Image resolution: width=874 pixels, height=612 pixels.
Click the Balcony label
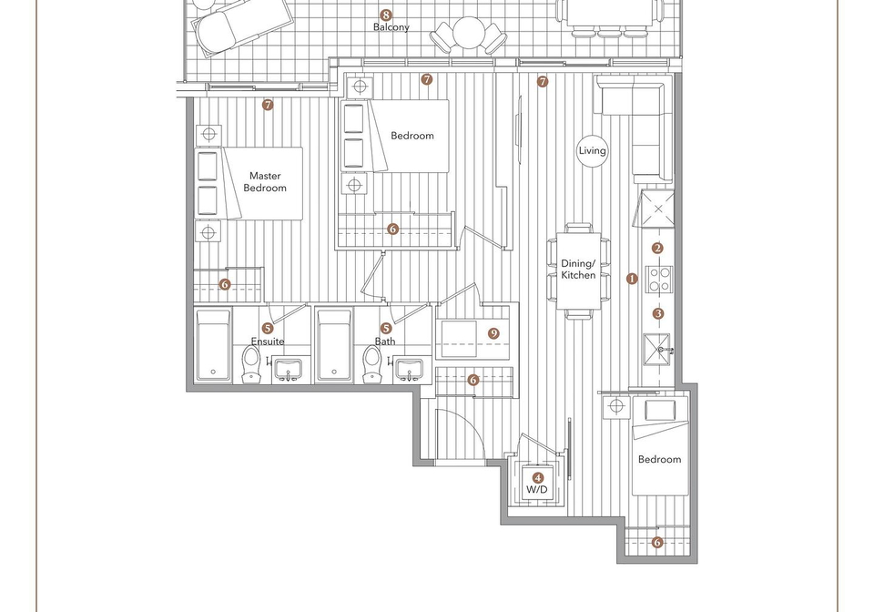pyautogui.click(x=391, y=27)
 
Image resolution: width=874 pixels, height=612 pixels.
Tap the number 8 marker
pyautogui.click(x=385, y=15)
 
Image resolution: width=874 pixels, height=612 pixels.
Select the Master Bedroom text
pyautogui.click(x=265, y=182)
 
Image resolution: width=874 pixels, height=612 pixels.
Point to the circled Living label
pyautogui.click(x=592, y=150)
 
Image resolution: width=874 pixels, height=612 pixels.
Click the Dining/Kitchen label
pyautogui.click(x=578, y=270)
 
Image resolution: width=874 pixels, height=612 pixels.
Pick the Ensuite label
pyautogui.click(x=268, y=342)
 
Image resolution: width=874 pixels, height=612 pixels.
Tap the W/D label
pyautogui.click(x=537, y=490)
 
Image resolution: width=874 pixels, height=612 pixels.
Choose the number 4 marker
pyautogui.click(x=538, y=478)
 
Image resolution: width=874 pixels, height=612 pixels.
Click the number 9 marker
pyautogui.click(x=493, y=334)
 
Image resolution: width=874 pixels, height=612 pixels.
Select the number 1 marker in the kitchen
pyautogui.click(x=632, y=279)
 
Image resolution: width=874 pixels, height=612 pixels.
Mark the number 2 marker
pyautogui.click(x=657, y=249)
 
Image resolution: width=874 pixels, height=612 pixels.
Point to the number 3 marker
pyautogui.click(x=658, y=314)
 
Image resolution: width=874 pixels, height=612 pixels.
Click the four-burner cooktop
pyautogui.click(x=659, y=280)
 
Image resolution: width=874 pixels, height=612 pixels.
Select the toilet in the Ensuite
pyautogui.click(x=251, y=363)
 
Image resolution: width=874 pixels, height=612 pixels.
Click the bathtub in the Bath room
pyautogui.click(x=334, y=345)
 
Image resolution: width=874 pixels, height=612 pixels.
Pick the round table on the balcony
pyautogui.click(x=468, y=32)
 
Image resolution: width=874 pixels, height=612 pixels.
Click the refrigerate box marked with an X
pyautogui.click(x=657, y=209)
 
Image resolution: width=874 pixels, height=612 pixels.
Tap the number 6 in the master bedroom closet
pyautogui.click(x=225, y=284)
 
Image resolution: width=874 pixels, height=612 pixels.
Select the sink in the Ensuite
pyautogui.click(x=288, y=370)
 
